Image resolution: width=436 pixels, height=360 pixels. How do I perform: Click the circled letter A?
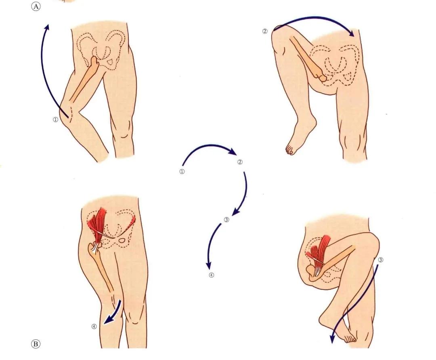(36, 6)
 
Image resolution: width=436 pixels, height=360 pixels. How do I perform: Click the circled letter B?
(35, 344)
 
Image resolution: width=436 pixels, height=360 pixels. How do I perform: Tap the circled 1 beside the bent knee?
(55, 119)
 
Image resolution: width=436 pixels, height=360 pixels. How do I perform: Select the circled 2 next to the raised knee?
(265, 31)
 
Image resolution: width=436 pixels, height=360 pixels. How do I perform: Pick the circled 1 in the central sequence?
(182, 172)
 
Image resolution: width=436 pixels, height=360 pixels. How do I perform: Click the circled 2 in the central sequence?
(240, 162)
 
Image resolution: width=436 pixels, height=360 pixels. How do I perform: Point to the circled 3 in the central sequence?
(226, 220)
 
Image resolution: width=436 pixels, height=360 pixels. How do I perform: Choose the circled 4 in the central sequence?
(211, 275)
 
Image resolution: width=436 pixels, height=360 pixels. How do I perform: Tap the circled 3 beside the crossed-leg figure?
(381, 260)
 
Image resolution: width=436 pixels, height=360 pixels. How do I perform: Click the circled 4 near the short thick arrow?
(94, 327)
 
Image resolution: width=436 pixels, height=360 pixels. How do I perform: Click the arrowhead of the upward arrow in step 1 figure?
(47, 27)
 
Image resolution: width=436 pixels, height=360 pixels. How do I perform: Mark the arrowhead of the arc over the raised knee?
(352, 33)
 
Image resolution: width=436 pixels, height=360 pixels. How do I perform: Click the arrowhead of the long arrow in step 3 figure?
(332, 339)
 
